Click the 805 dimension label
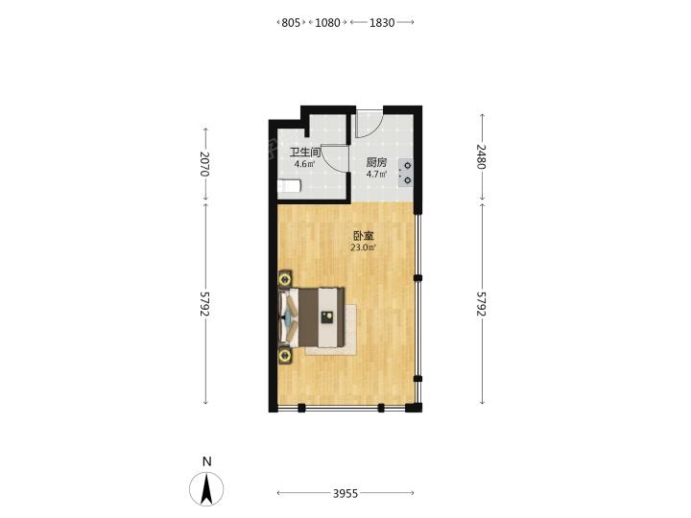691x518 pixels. pyautogui.click(x=291, y=22)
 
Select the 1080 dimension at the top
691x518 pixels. pyautogui.click(x=327, y=22)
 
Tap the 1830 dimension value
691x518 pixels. pyautogui.click(x=382, y=22)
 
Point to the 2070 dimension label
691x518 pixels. pyautogui.click(x=204, y=164)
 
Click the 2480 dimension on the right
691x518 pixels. pyautogui.click(x=481, y=156)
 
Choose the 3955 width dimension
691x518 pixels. pyautogui.click(x=345, y=493)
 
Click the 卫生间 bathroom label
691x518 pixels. pyautogui.click(x=304, y=153)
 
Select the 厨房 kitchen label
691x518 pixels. pyautogui.click(x=376, y=162)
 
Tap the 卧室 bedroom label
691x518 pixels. pyautogui.click(x=363, y=236)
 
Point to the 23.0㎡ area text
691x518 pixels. pyautogui.click(x=363, y=247)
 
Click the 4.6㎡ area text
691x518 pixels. pyautogui.click(x=305, y=164)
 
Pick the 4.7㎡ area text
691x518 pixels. pyautogui.click(x=377, y=174)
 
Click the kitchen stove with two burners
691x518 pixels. pyautogui.click(x=405, y=173)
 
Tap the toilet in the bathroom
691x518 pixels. pyautogui.click(x=289, y=186)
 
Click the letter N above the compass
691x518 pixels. pyautogui.click(x=206, y=461)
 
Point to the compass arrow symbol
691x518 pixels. pyautogui.click(x=206, y=489)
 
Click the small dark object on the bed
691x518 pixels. pyautogui.click(x=326, y=318)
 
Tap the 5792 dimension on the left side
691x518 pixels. pyautogui.click(x=204, y=303)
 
